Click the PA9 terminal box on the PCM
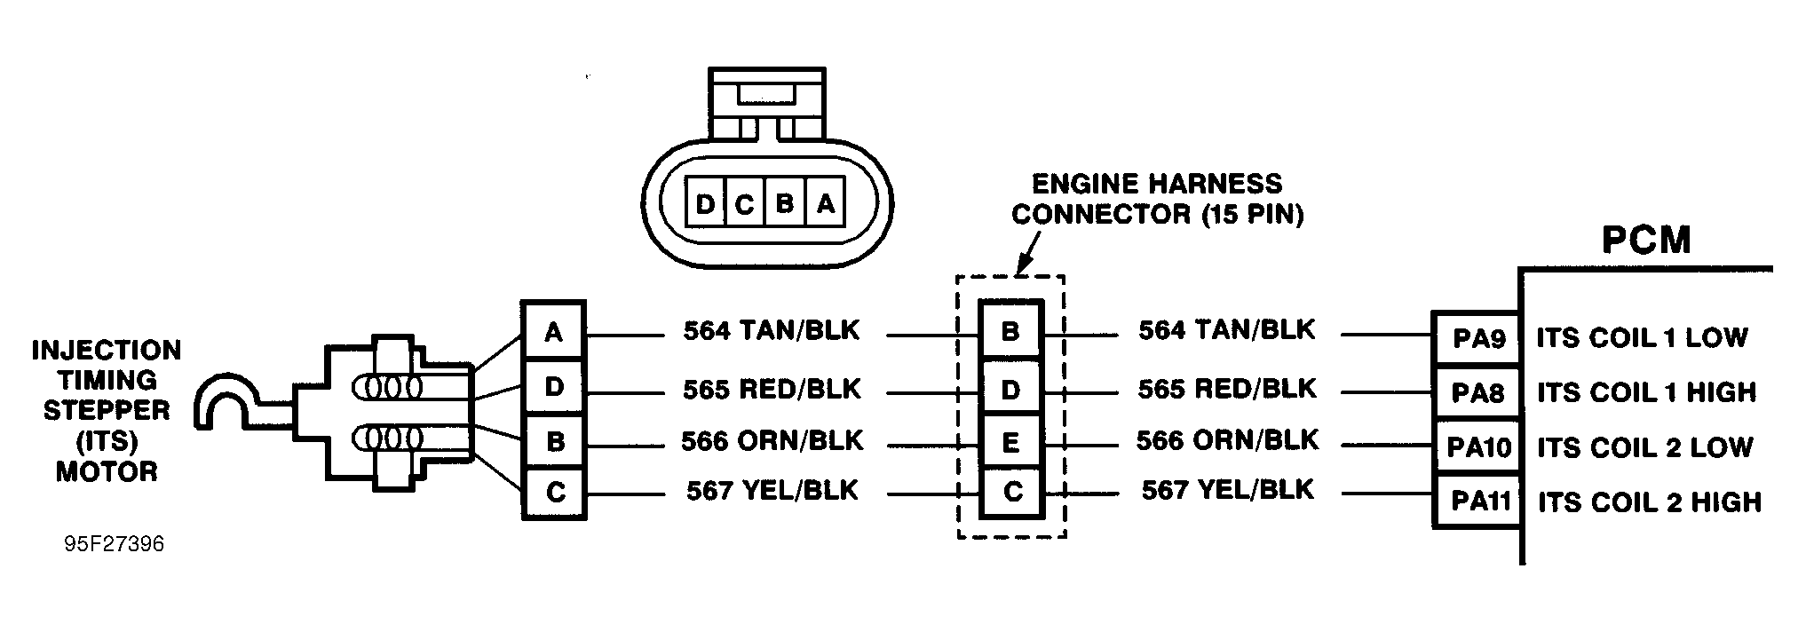click(x=1477, y=338)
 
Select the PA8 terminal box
click(x=1477, y=392)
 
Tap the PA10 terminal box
click(x=1478, y=447)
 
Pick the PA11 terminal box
click(x=1480, y=502)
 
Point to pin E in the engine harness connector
click(x=1010, y=442)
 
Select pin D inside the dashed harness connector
click(x=1010, y=389)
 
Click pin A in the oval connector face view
click(x=826, y=205)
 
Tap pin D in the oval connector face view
click(x=705, y=205)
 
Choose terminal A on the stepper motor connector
click(x=554, y=332)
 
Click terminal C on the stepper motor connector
click(x=555, y=492)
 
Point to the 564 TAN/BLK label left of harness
click(x=771, y=331)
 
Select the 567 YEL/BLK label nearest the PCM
click(x=1227, y=490)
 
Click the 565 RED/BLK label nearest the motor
click(x=771, y=389)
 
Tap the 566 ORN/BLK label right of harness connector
click(x=1227, y=440)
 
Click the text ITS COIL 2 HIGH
click(x=1649, y=502)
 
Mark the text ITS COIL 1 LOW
click(x=1642, y=338)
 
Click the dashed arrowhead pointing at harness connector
click(x=1022, y=264)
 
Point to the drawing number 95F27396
click(x=115, y=544)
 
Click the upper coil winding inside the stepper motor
click(x=388, y=388)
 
